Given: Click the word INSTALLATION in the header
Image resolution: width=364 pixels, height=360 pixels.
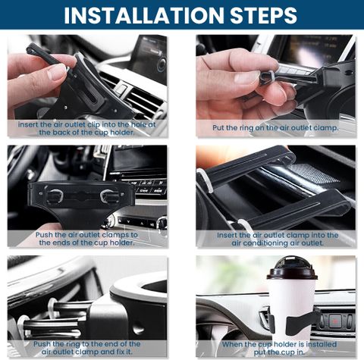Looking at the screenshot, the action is [143, 15].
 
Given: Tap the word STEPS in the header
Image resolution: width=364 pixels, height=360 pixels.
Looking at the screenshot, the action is [263, 15].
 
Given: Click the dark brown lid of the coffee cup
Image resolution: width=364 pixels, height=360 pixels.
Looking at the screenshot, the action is [292, 269].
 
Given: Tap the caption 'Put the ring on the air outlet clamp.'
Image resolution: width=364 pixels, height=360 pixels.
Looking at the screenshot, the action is [275, 128].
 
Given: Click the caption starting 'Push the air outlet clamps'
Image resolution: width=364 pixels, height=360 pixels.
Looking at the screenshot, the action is [86, 239].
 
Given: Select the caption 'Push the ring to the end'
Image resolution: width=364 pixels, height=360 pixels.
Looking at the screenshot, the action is [86, 348].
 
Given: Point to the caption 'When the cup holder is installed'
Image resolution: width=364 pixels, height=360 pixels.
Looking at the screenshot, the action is [279, 348].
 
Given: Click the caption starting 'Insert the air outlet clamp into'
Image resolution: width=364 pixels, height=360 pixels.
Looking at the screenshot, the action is [278, 239].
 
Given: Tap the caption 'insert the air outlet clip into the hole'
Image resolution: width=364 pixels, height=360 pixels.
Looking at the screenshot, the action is [86, 128].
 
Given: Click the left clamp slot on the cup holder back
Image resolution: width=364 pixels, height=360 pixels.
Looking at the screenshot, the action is [54, 196].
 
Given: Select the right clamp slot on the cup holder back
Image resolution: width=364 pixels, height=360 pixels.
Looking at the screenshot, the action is [109, 196].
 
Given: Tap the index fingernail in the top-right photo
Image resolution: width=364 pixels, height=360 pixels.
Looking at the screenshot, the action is [247, 77].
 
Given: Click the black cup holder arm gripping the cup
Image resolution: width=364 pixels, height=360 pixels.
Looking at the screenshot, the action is [301, 322].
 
